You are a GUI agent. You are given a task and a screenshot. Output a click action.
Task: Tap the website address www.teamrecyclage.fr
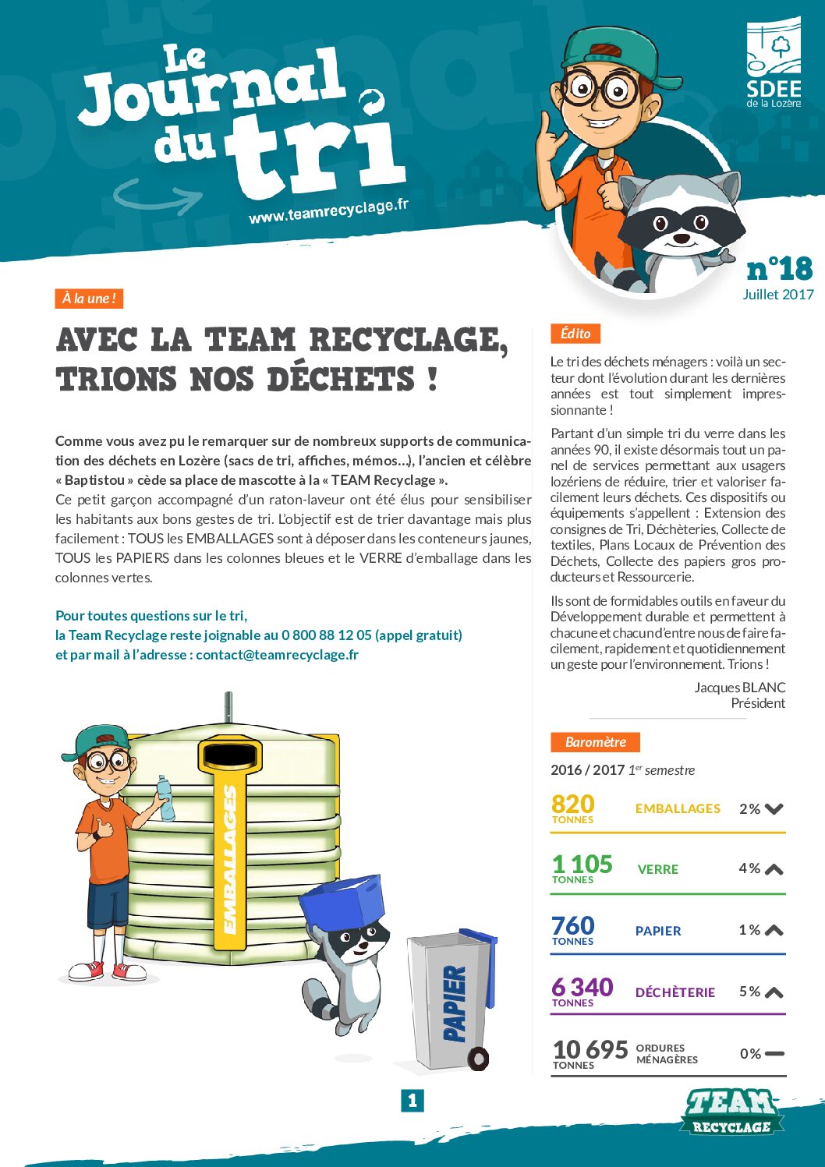pos(328,210)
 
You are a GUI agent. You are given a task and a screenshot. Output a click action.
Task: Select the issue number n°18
pos(779,269)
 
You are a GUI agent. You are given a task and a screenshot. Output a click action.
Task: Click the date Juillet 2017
pos(777,295)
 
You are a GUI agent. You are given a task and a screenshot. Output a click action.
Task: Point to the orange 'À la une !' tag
pos(89,299)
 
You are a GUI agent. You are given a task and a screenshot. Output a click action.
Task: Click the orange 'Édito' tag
pos(575,334)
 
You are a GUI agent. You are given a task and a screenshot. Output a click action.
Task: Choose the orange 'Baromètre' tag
pos(595,742)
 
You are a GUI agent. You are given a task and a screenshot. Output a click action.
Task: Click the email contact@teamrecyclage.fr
pos(277,655)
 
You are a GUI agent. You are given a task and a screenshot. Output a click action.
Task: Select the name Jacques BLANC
pos(739,688)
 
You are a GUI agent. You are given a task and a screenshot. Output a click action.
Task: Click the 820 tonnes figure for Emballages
pos(573,805)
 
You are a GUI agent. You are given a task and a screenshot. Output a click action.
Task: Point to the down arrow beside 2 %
pos(774,809)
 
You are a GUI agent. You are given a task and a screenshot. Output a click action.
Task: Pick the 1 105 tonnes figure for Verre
pos(582,865)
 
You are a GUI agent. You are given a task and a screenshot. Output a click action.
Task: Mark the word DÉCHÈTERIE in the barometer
pos(675,992)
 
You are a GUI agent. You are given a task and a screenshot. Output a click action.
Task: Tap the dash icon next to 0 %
pos(774,1053)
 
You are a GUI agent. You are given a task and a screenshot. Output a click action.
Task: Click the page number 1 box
pos(412,1101)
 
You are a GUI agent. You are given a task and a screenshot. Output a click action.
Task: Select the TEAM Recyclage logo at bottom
pos(731,1112)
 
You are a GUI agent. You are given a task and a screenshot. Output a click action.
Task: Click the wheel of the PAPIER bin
pos(478,1058)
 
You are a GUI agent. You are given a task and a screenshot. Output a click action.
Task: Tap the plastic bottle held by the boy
pos(165,797)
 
